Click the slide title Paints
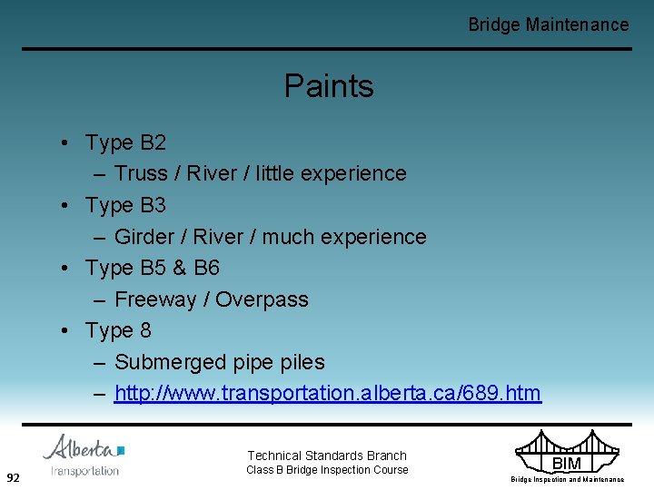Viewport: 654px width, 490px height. pos(329,86)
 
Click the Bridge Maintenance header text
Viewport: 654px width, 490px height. pos(548,24)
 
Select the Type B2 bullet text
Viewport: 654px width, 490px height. pos(125,142)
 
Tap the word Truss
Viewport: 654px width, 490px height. pos(141,173)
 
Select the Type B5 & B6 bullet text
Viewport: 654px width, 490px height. pos(152,269)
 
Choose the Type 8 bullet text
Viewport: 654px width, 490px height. pos(118,331)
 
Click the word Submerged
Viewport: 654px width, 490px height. pos(170,362)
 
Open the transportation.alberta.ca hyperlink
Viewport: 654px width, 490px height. pos(327,394)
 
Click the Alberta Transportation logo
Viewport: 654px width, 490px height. pos(84,455)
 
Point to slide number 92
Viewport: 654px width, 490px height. pos(14,477)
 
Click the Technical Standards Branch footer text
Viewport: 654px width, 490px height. pos(327,456)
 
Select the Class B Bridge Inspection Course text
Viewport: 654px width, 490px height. pos(327,470)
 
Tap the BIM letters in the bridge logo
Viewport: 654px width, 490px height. pos(566,464)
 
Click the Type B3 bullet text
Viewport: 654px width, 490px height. pos(125,205)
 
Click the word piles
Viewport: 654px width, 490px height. pos(300,362)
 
